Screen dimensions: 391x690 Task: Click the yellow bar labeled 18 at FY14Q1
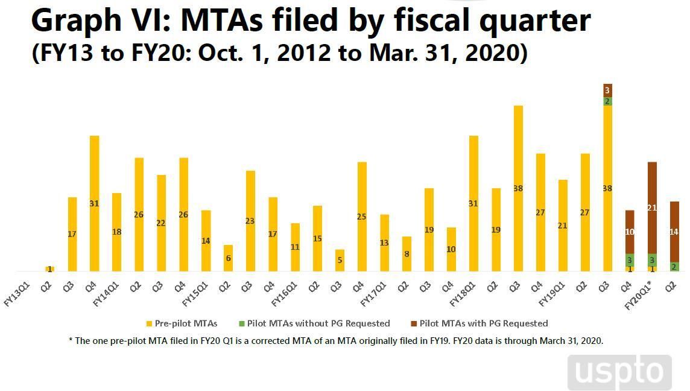pyautogui.click(x=117, y=232)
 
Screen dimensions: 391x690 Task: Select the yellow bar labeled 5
pyautogui.click(x=340, y=260)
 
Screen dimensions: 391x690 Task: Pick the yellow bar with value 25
pyautogui.click(x=362, y=217)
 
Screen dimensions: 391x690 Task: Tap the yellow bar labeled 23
pyautogui.click(x=250, y=221)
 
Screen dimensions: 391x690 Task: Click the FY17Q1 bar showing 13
pyautogui.click(x=384, y=243)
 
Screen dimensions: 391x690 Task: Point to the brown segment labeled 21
pyautogui.click(x=652, y=208)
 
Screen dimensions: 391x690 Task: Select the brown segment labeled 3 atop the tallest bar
pyautogui.click(x=607, y=89)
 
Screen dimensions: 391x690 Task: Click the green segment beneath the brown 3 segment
pyautogui.click(x=607, y=101)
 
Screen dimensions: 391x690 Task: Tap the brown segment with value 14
pyautogui.click(x=674, y=232)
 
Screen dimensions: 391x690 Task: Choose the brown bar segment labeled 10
pyautogui.click(x=630, y=232)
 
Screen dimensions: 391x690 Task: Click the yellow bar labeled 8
pyautogui.click(x=407, y=254)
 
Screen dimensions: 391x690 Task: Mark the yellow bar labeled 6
pyautogui.click(x=228, y=258)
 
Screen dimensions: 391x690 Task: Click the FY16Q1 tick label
pyautogui.click(x=285, y=290)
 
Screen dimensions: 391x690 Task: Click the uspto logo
pyautogui.click(x=619, y=372)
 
